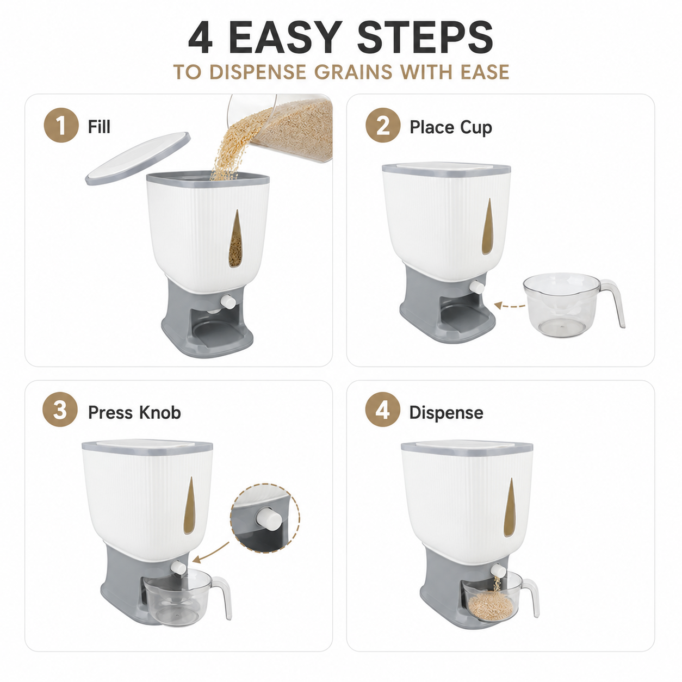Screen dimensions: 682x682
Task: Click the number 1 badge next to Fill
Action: pos(61,125)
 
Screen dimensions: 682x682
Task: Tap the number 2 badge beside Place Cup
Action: pos(382,126)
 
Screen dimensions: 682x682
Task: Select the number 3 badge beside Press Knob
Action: pos(60,410)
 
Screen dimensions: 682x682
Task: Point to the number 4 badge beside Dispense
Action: pos(382,410)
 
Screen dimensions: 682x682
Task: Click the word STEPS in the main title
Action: pos(425,38)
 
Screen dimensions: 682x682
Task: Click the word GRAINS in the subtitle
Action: pos(354,72)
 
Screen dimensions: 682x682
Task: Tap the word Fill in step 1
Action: pos(99,127)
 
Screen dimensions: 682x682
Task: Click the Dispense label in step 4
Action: pos(447,413)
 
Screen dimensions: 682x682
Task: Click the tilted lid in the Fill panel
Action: pos(138,158)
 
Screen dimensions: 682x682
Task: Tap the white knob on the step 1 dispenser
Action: pos(227,301)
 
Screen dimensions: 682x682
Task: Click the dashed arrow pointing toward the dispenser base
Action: pos(510,306)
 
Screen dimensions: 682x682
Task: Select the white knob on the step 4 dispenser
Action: pos(498,571)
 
